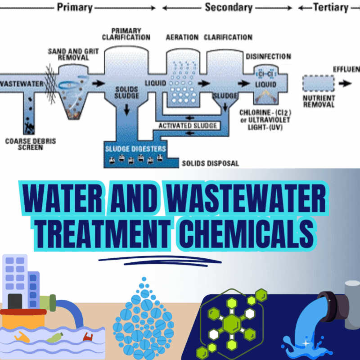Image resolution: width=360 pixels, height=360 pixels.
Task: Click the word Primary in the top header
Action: tap(74, 7)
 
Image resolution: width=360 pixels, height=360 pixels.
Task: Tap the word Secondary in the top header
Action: tap(229, 7)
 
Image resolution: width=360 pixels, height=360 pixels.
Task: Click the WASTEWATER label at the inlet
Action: tap(22, 84)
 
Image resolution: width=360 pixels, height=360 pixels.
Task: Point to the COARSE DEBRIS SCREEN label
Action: tap(31, 144)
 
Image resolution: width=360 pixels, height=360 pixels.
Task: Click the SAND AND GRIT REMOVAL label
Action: tap(73, 55)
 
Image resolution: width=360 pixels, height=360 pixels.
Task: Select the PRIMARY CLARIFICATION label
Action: tap(126, 33)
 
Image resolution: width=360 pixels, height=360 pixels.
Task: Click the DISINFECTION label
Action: tap(268, 57)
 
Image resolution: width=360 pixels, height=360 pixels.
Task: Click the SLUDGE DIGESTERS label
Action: tap(135, 148)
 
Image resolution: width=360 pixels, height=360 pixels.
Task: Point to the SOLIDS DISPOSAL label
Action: tap(210, 163)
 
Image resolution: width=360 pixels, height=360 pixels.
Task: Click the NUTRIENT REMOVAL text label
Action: tap(319, 101)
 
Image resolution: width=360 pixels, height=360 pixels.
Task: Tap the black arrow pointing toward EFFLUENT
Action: tap(346, 83)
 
